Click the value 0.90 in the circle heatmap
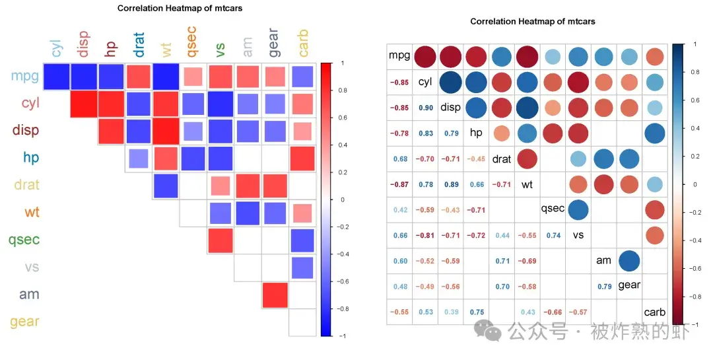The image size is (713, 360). (425, 108)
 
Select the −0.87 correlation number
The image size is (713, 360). (399, 185)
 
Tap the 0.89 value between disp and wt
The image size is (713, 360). (451, 185)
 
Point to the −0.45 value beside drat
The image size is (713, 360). (476, 159)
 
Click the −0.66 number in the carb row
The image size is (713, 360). (553, 312)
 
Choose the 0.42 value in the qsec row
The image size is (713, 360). (399, 210)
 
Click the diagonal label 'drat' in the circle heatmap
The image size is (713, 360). (502, 159)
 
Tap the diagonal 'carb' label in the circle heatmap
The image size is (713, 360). (654, 312)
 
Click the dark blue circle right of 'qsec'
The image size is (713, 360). (578, 210)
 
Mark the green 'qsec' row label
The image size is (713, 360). (24, 239)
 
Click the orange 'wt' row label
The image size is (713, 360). (32, 212)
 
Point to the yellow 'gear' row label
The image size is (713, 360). (24, 322)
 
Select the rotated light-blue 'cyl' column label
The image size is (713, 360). (57, 48)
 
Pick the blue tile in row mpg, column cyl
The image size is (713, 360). (57, 76)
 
